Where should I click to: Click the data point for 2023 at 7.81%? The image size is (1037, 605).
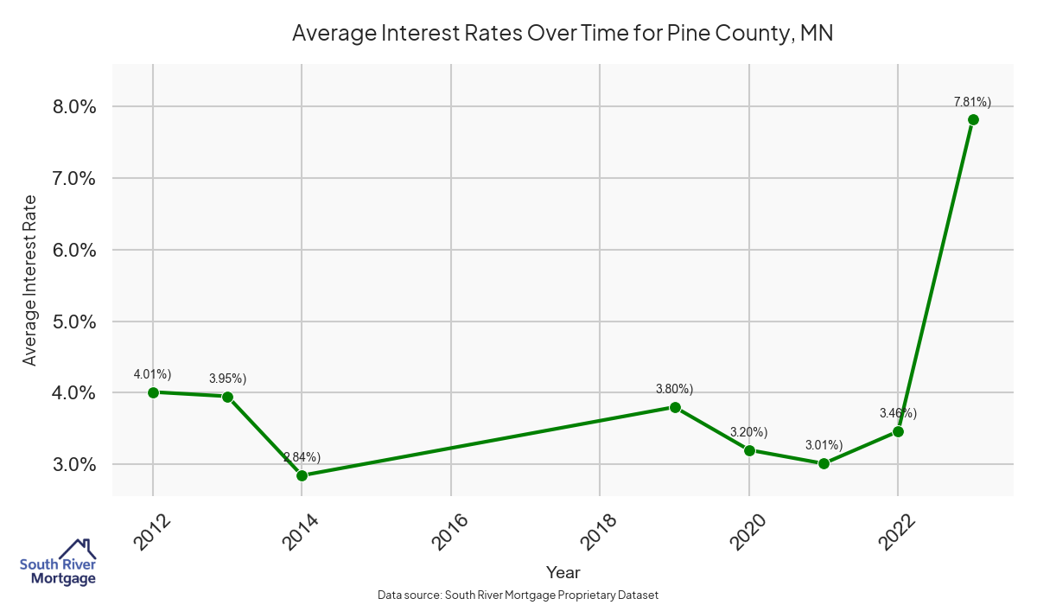click(x=973, y=119)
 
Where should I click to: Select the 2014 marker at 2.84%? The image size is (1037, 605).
click(x=302, y=475)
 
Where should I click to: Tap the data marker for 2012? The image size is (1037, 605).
click(x=153, y=392)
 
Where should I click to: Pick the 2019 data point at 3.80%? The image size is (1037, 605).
click(x=675, y=407)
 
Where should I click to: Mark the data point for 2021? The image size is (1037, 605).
click(x=824, y=463)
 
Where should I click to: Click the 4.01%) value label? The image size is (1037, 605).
click(x=153, y=374)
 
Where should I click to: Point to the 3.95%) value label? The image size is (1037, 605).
click(x=227, y=379)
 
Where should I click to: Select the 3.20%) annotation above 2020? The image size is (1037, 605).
click(x=749, y=432)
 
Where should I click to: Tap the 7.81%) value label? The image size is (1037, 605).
click(x=973, y=102)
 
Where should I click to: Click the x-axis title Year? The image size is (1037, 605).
click(x=563, y=572)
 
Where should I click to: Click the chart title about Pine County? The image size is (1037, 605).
click(x=562, y=34)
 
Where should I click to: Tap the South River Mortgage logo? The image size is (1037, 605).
click(x=58, y=563)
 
